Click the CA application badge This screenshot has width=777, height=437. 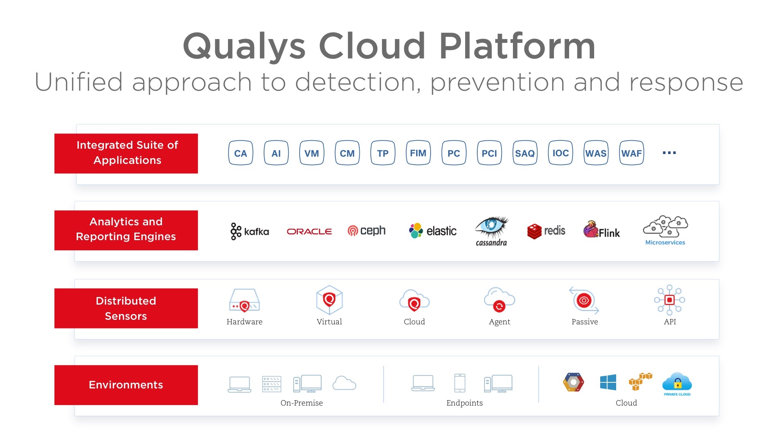[x=241, y=153]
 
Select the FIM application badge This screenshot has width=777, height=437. [x=418, y=153]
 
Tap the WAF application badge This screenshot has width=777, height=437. [x=631, y=153]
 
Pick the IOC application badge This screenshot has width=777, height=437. [x=560, y=153]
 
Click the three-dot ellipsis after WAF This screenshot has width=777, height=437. [x=669, y=153]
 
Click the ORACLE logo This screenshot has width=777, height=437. [x=309, y=231]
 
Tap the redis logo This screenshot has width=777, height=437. [x=546, y=231]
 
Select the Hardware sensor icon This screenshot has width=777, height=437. [x=244, y=300]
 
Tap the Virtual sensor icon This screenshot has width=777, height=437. [x=329, y=300]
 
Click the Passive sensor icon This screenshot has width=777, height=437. [x=584, y=300]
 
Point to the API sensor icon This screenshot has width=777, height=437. [x=670, y=300]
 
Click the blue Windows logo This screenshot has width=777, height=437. [x=608, y=382]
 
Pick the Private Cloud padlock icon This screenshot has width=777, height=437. [x=677, y=382]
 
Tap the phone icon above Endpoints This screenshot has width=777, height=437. [x=459, y=383]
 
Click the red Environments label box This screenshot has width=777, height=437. [x=126, y=385]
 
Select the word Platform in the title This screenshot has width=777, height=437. [x=517, y=46]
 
